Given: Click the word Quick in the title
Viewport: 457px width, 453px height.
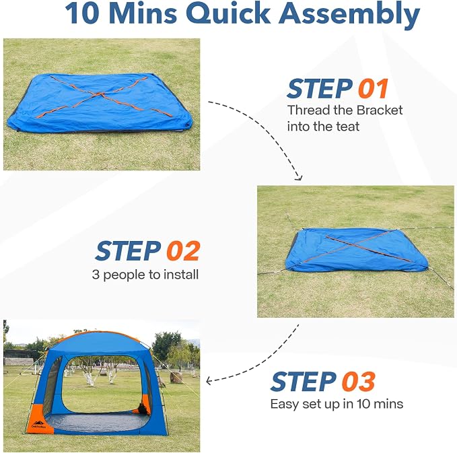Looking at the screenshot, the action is coord(229,13).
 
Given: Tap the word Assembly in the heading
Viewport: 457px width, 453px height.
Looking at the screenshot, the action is coord(349,15).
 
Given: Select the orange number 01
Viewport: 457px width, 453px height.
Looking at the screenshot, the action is coord(373,89).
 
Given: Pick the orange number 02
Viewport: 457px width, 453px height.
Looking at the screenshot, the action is coord(183,250).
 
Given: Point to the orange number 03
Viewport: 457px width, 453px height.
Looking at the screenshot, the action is coord(358,382).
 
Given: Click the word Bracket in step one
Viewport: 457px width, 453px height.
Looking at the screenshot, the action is coord(380,110).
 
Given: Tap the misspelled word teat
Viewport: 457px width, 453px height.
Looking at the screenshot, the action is coord(348,127).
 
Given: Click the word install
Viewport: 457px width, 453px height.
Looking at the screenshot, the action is coord(180,275).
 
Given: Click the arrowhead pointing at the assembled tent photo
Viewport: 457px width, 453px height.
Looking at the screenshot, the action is coord(209,381).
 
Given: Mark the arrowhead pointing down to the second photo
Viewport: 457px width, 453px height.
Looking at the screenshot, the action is coord(299,178).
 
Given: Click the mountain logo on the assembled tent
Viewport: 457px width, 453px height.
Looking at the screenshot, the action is coord(38,423).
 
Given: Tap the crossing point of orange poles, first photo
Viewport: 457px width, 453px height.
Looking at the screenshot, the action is coord(100,94).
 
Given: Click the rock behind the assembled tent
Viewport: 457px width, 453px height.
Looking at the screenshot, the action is coord(176,377).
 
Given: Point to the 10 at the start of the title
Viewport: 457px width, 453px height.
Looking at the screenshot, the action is coord(83,13).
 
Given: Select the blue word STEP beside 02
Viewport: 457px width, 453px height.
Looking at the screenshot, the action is coord(129,250).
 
